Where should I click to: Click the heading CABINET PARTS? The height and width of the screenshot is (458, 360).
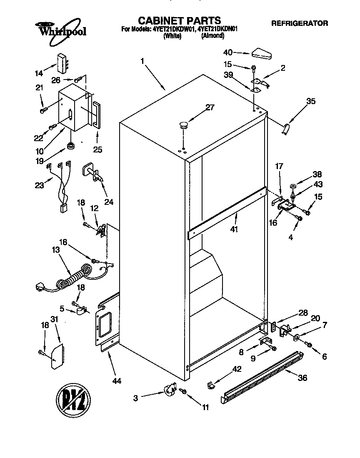pyautogui.click(x=179, y=20)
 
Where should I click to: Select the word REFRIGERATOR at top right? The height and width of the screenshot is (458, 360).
pyautogui.click(x=299, y=23)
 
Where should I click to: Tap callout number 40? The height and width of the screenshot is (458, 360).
pyautogui.click(x=228, y=52)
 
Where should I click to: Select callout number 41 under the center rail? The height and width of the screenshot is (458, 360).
pyautogui.click(x=234, y=229)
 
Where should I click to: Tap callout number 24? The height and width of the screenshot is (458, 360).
pyautogui.click(x=109, y=202)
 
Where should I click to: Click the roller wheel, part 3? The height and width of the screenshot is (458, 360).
pyautogui.click(x=169, y=390)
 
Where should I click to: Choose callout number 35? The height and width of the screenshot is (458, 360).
pyautogui.click(x=311, y=101)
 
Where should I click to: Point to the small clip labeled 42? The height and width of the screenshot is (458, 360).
pyautogui.click(x=210, y=386)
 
